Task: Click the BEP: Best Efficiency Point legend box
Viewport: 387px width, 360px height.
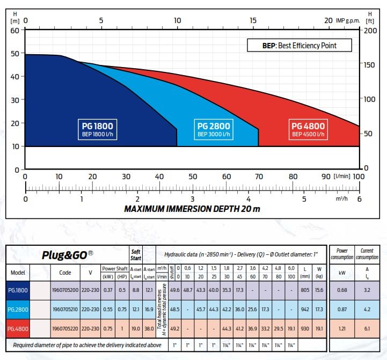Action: [300, 46]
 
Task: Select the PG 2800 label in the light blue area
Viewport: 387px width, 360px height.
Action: [214, 129]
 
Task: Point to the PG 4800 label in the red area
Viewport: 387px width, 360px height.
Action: [308, 129]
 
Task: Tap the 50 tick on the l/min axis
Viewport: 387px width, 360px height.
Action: [192, 176]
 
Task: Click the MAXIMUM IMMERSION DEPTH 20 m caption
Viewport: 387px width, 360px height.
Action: [192, 208]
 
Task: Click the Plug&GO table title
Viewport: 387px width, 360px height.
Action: [68, 255]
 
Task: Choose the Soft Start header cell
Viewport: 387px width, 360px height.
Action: [136, 255]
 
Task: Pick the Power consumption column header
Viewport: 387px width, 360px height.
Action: [342, 254]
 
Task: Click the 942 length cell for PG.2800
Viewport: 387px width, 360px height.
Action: [305, 310]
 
